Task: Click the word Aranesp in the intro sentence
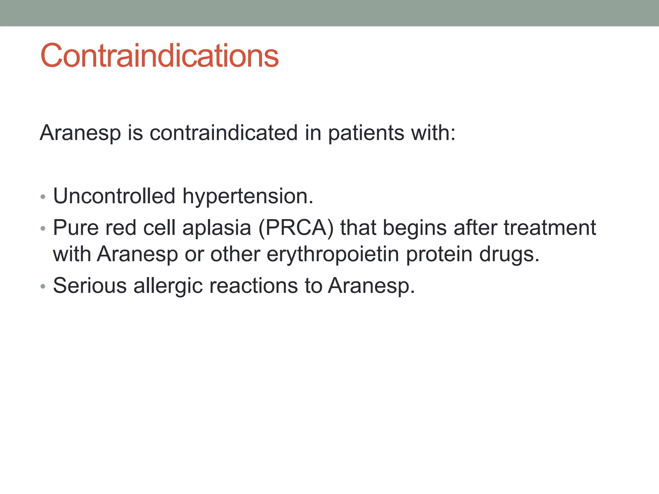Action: (80, 133)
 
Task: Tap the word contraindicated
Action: (224, 133)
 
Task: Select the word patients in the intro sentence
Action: (366, 133)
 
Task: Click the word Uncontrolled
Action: (114, 196)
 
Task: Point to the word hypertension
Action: (247, 196)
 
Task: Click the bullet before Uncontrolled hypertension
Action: (43, 197)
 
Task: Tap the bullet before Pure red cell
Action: (43, 229)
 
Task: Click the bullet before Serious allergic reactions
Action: (43, 286)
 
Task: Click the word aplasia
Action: (216, 228)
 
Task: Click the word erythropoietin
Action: (333, 254)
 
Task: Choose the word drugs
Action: (509, 254)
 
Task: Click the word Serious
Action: (90, 285)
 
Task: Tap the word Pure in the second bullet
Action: (76, 228)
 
